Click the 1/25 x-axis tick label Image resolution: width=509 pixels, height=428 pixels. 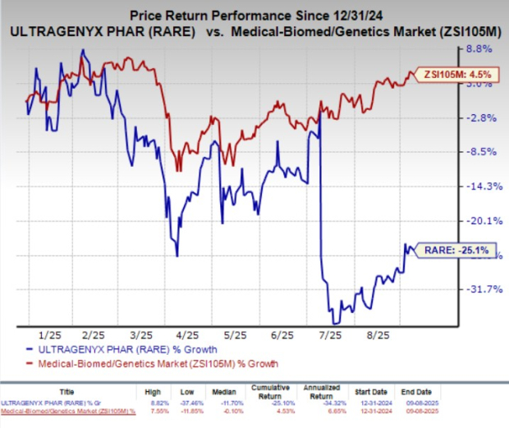coord(51,335)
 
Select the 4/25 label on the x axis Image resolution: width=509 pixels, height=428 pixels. coord(189,335)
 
